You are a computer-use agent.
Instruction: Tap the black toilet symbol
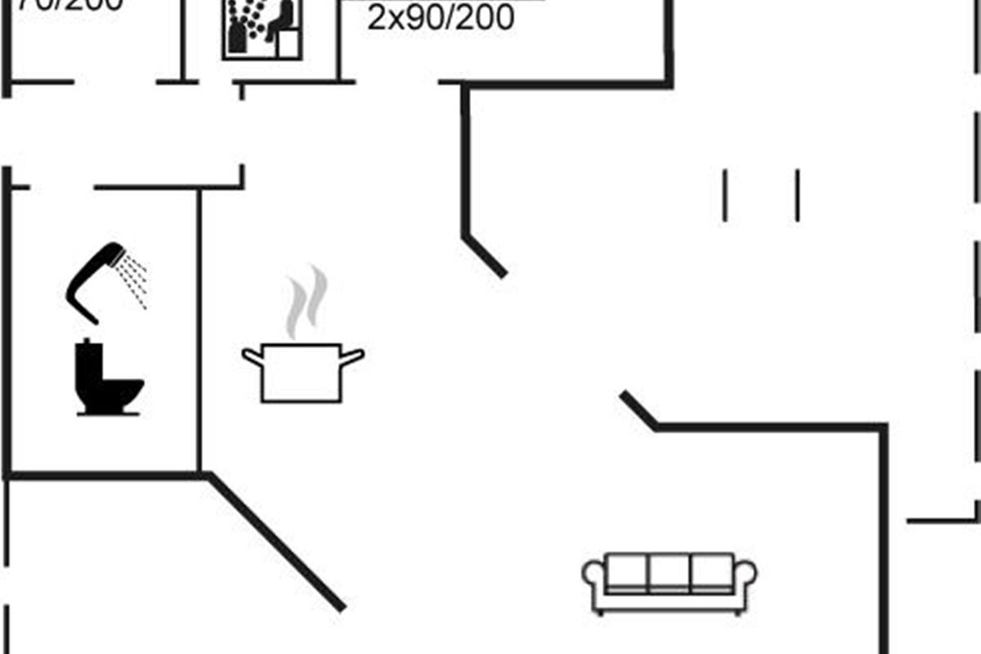coord(106,380)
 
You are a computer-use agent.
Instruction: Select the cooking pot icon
coord(302,372)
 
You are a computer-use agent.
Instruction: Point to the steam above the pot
coord(306,302)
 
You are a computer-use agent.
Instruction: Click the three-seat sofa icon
coord(670,583)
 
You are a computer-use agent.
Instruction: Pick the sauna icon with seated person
coord(262,29)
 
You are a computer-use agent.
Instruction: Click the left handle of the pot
coord(252,356)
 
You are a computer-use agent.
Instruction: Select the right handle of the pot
coord(352,356)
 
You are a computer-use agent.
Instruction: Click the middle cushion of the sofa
coord(670,572)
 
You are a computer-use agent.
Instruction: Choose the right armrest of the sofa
coord(746,576)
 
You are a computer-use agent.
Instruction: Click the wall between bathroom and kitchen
coord(199,327)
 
